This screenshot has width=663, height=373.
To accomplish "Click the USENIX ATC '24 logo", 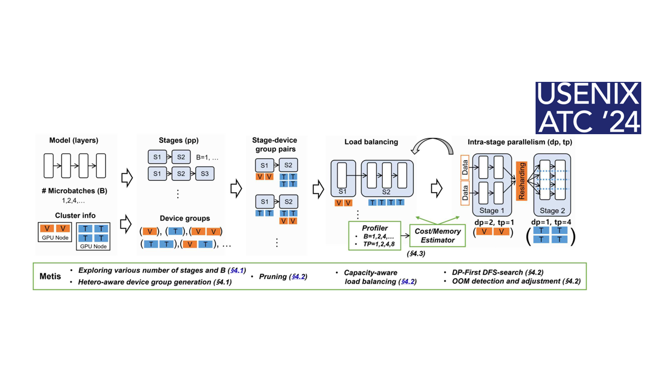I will pos(588,108).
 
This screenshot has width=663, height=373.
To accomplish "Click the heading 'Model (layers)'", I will pos(74,141).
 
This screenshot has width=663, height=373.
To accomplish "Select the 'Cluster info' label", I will pos(75,216).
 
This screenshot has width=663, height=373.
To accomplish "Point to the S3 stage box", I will pos(204,174).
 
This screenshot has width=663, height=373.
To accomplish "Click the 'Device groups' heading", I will pos(184,219).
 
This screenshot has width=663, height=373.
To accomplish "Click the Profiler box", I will pos(374,235).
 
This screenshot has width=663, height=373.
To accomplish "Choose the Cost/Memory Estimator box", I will pos(438,236).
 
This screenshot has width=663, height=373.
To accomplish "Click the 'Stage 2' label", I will pos(552,211).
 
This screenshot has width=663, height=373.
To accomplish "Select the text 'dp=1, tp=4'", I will pos(550,222).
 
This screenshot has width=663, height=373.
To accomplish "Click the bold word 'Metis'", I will pos(50,276).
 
